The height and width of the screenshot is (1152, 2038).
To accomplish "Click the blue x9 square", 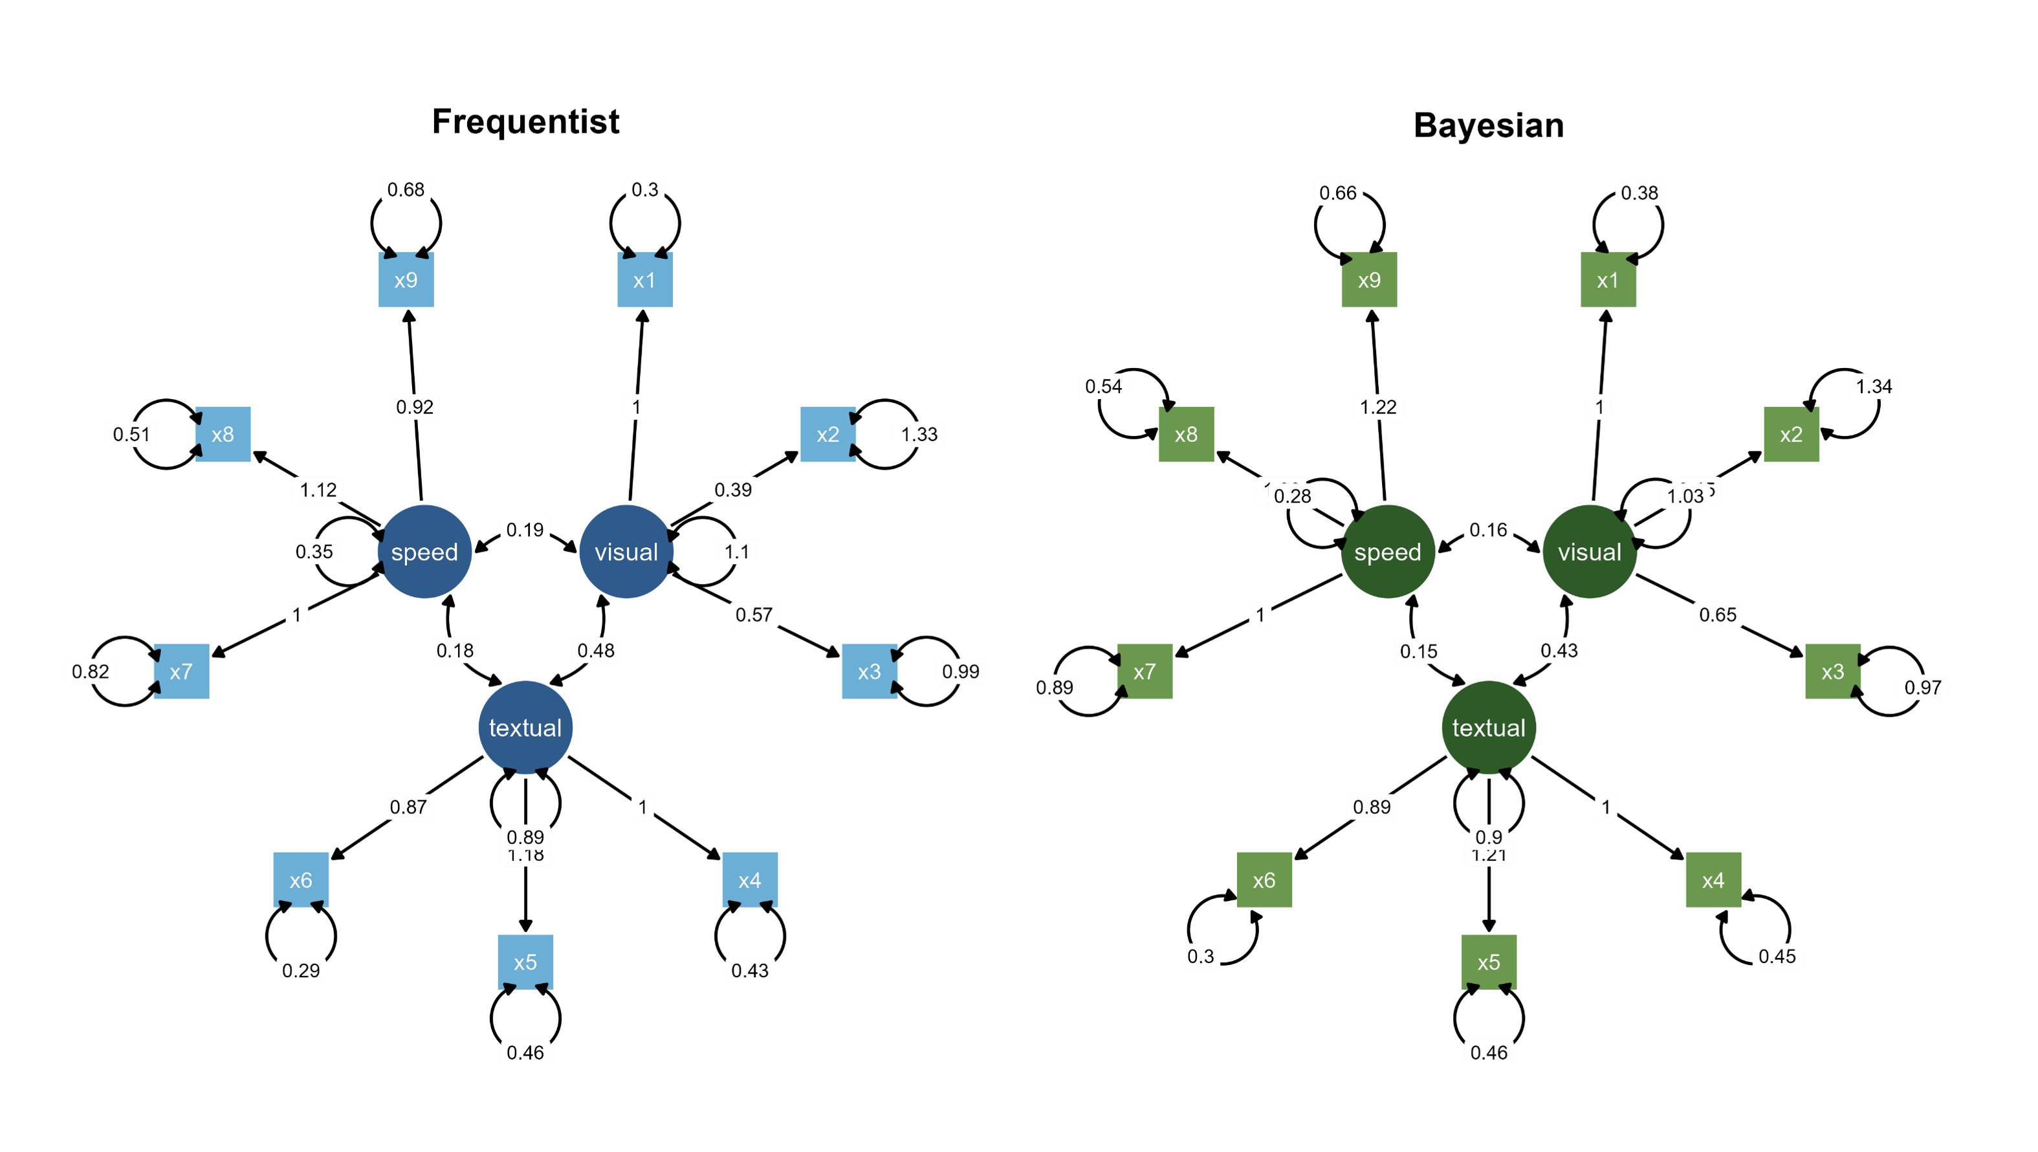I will coord(406,279).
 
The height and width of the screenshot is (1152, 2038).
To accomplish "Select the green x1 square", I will coord(1608,279).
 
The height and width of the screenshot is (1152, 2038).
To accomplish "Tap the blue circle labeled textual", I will coord(525,727).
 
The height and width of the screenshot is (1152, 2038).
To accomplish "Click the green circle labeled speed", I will coord(1388,552).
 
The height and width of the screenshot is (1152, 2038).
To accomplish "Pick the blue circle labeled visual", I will coord(626,552).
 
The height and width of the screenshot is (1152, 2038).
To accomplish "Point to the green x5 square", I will coord(1488,961).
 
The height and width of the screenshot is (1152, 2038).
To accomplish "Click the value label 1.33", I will coord(919,435).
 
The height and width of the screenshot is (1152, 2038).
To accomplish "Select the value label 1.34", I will coord(1874,386).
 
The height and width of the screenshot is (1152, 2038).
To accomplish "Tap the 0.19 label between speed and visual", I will coord(525,529).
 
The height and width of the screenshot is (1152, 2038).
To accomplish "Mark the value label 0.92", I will coord(415,407).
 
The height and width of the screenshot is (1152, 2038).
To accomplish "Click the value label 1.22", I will coord(1378,407).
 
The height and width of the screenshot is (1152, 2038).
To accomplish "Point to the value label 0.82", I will coord(90,672).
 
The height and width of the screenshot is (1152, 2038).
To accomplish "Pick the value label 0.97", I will coord(1922,687).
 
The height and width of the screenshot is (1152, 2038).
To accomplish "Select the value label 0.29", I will coord(301,970).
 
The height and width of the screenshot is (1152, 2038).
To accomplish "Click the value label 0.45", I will coord(1777,956).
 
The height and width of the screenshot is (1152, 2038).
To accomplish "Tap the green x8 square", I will coord(1186,435).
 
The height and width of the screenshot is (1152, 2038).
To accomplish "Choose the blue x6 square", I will coord(301,880).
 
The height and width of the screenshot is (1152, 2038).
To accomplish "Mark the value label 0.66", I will coord(1338,192).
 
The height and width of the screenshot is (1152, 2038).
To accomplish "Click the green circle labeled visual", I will coord(1590,552).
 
